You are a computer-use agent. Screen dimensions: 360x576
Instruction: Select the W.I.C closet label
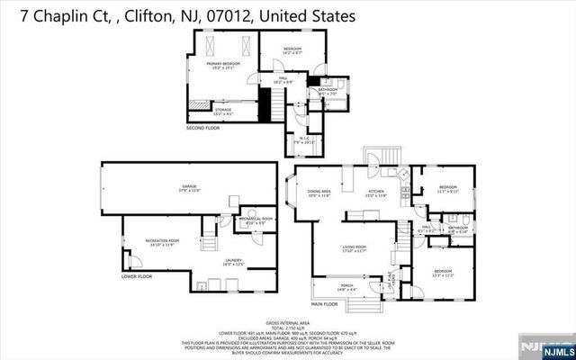(307, 139)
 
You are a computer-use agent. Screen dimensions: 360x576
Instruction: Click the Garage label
(189, 188)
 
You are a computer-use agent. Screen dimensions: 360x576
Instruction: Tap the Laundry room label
(234, 263)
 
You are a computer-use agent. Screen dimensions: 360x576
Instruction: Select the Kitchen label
(376, 193)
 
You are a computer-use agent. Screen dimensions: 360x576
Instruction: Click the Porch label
(346, 288)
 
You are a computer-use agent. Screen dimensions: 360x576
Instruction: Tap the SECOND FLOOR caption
(203, 129)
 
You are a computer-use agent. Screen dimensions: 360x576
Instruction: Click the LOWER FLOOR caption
(137, 276)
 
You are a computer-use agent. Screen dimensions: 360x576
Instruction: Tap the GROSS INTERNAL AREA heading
(288, 321)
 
